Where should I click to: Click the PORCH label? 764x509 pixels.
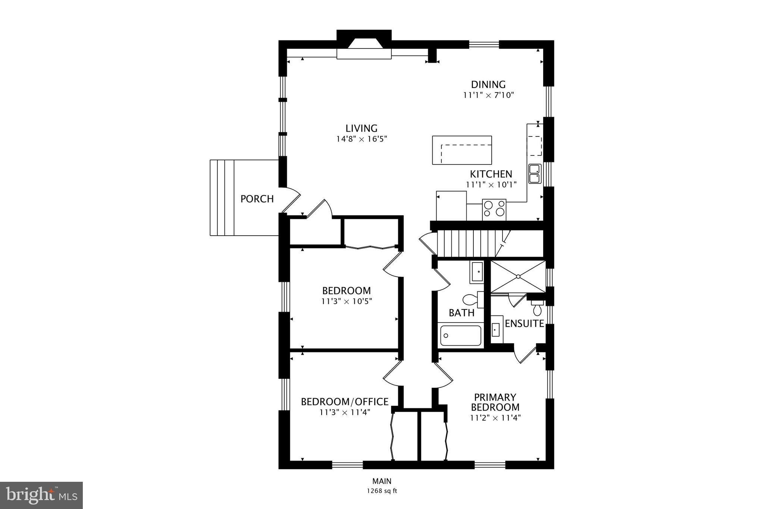257,199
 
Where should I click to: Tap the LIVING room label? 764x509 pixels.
361,128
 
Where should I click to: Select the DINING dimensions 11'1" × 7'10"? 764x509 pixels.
489,95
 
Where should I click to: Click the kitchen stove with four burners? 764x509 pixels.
494,210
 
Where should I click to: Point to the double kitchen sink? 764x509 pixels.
535,174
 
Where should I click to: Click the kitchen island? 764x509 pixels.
462,150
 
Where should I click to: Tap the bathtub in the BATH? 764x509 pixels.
461,335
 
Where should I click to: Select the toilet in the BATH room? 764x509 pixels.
473,299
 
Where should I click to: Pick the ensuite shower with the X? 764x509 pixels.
518,276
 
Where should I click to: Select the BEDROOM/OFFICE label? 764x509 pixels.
345,402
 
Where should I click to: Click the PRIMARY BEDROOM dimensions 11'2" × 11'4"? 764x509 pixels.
495,418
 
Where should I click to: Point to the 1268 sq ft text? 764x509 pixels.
382,491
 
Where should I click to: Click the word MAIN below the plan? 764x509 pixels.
382,481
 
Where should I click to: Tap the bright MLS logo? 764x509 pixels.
41,495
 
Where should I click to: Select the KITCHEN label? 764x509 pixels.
491,174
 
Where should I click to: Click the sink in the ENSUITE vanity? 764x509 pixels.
496,329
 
